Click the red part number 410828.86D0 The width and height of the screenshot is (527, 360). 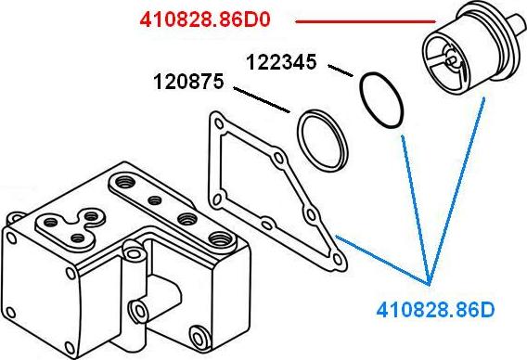205,19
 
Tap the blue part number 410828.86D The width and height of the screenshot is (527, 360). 435,310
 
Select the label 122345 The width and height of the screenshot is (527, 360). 281,62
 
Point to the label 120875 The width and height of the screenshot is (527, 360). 188,82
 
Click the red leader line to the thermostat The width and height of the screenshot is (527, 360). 366,22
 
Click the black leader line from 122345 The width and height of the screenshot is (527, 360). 341,71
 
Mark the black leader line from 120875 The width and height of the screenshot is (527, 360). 262,100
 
